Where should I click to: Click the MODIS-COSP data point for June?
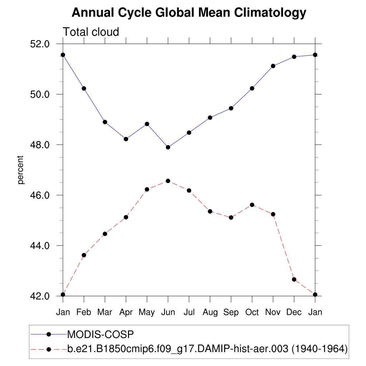tap(168, 147)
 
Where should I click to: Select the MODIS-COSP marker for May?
tap(147, 124)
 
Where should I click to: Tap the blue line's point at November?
tap(273, 66)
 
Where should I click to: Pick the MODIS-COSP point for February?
tap(84, 88)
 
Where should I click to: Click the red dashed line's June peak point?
tap(168, 181)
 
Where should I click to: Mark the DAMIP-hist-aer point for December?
tap(294, 279)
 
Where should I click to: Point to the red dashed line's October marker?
tap(252, 205)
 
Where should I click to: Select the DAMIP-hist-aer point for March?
tap(105, 234)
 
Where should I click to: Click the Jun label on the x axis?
tap(168, 312)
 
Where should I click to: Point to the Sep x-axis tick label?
tap(231, 312)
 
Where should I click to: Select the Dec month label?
tap(294, 312)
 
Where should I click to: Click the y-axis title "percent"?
tap(21, 170)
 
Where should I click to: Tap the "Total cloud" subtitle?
tap(91, 32)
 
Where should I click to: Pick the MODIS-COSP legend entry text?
tap(100, 335)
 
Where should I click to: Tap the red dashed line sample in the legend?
tap(40, 348)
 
